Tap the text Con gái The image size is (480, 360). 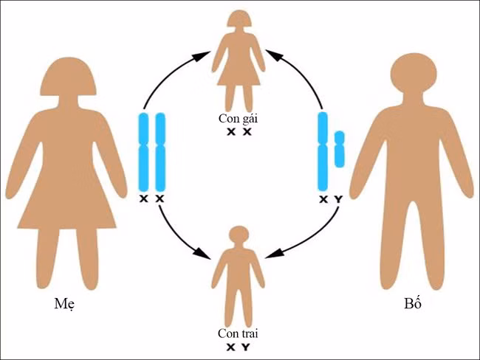[x=239, y=118]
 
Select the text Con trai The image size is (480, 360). [x=239, y=333]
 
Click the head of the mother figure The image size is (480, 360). [x=66, y=79]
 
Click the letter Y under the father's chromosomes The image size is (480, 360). [x=339, y=200]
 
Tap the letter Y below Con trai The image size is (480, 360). [x=246, y=347]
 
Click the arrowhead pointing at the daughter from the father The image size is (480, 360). [x=271, y=54]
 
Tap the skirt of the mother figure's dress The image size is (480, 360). [x=66, y=203]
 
